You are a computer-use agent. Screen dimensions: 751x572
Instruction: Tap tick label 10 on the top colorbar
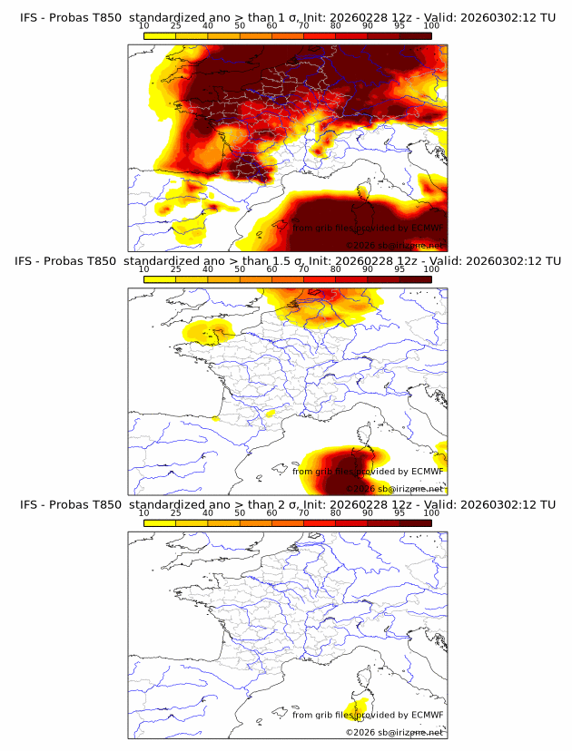pyautogui.click(x=144, y=25)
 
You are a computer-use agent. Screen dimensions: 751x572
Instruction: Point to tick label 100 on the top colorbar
pyautogui.click(x=431, y=25)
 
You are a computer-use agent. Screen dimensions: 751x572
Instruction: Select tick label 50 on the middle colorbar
pyautogui.click(x=240, y=269)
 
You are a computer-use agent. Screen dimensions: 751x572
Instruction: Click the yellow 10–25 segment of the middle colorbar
pyautogui.click(x=160, y=278)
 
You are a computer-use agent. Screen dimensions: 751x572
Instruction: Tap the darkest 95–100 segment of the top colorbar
pyautogui.click(x=415, y=35)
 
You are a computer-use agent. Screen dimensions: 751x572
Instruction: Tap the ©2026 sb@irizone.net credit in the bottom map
pyautogui.click(x=395, y=732)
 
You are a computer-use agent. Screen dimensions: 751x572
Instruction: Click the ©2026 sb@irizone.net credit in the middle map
pyautogui.click(x=395, y=488)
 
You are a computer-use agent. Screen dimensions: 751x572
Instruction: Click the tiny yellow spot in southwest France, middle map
pyautogui.click(x=216, y=418)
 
